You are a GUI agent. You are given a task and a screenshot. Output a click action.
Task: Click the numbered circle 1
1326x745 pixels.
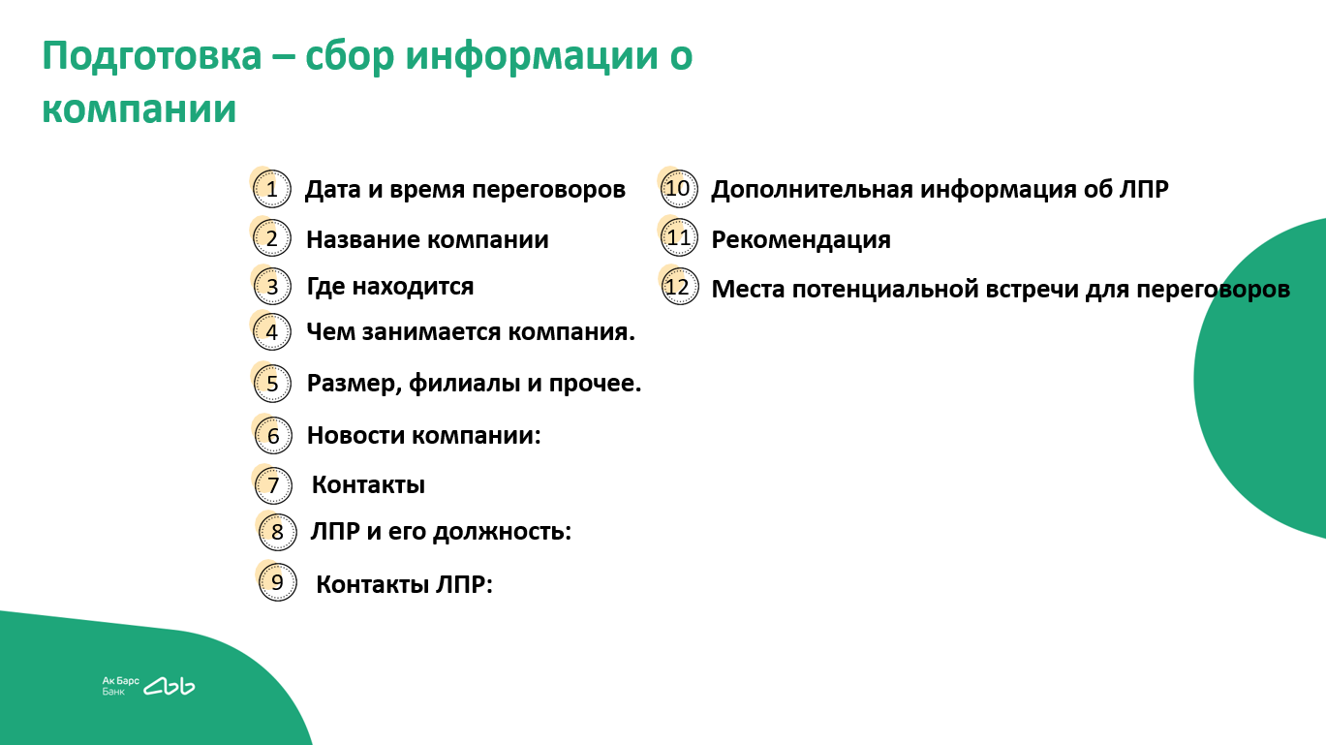coord(272,189)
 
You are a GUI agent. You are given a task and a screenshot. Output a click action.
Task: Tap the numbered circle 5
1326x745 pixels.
coord(272,384)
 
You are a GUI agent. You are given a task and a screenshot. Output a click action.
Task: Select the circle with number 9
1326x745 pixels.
coord(278,582)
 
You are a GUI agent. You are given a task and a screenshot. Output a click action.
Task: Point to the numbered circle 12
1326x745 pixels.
coord(680,287)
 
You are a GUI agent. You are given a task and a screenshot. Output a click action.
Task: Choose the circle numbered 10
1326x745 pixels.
coord(679,189)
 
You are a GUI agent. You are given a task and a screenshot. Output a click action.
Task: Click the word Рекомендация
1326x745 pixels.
coord(801,240)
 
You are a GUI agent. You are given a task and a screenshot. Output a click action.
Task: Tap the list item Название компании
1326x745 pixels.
coord(427,240)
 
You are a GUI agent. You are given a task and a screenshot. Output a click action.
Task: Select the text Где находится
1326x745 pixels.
coord(390,287)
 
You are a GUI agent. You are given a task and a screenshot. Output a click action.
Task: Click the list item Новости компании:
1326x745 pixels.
coord(424,435)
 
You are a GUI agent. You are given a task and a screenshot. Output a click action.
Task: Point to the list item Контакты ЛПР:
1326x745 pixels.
coord(404,584)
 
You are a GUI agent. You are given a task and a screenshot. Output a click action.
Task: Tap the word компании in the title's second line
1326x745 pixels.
coord(139,109)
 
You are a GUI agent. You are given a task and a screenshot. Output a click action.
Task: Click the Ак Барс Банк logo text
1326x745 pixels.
coord(121,686)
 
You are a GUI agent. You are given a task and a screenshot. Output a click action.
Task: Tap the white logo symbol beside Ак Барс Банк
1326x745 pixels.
coord(170,686)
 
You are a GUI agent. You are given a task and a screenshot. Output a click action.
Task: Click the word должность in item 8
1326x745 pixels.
coord(502,531)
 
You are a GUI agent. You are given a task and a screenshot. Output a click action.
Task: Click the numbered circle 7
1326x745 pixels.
coord(273,485)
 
